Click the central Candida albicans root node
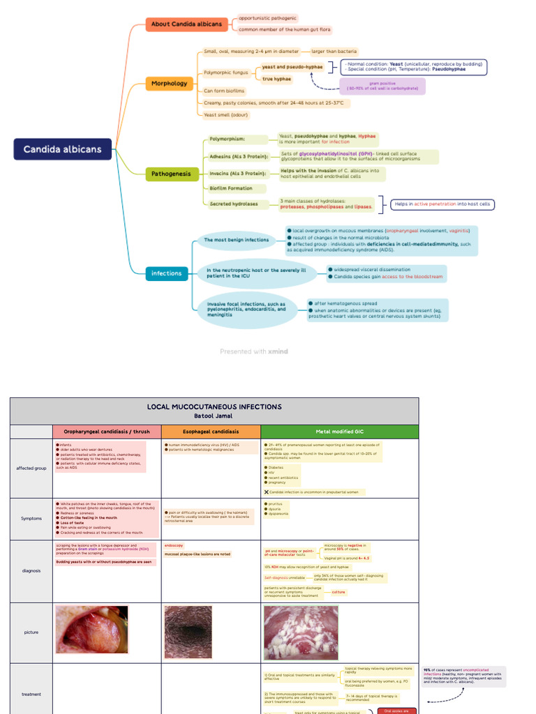[62, 149]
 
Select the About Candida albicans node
[186, 24]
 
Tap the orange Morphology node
[169, 84]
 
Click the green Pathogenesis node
[172, 174]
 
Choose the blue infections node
[167, 273]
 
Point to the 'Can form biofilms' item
[224, 91]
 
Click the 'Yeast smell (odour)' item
[230, 114]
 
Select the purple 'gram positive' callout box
[382, 86]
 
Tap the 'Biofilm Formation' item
[231, 188]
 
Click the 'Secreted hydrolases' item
[234, 204]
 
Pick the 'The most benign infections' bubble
[236, 240]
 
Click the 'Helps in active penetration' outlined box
[442, 204]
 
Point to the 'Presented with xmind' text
[253, 351]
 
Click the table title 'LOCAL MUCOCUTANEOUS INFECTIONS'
[214, 407]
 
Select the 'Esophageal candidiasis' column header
[210, 432]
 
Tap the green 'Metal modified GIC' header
[339, 432]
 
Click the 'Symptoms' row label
[31, 519]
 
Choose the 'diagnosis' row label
[31, 570]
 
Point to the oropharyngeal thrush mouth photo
[91, 630]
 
